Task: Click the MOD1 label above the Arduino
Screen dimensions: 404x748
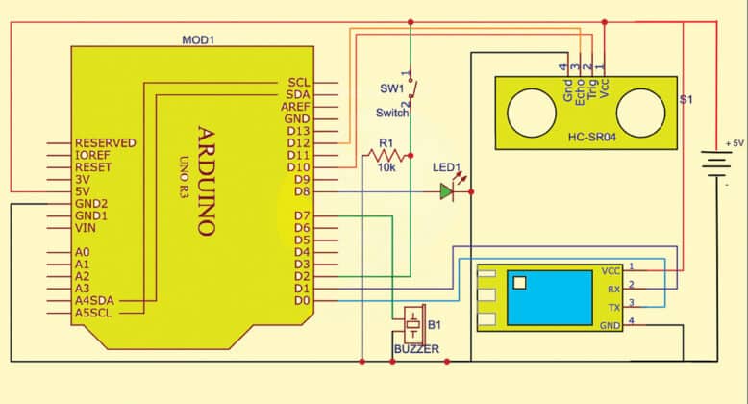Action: (x=199, y=40)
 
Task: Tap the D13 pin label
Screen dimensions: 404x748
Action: (x=299, y=130)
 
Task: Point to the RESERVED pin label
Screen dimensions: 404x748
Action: (x=105, y=143)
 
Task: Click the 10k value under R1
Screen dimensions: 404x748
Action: (x=387, y=167)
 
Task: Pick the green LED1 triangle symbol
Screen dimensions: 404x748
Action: (x=446, y=191)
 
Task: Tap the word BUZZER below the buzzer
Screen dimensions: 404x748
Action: (x=416, y=349)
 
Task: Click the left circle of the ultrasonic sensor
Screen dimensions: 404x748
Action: (x=528, y=107)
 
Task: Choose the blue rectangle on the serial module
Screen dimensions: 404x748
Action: (x=550, y=297)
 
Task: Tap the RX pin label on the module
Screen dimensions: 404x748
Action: (x=611, y=288)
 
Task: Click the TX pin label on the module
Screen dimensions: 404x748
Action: (x=612, y=307)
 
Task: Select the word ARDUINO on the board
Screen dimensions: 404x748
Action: (x=205, y=180)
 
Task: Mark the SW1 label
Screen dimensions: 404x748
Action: (x=390, y=88)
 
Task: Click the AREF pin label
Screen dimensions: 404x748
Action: (x=295, y=106)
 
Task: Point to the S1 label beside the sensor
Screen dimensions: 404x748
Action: (x=686, y=99)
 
